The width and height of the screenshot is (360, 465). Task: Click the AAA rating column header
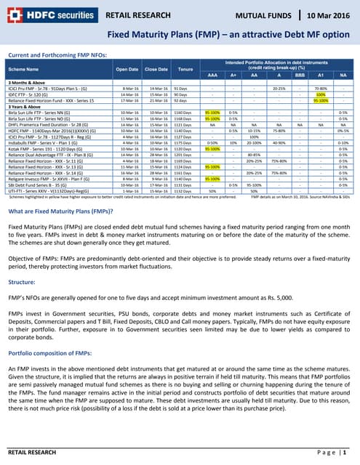coord(212,74)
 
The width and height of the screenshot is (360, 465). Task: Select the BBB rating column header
coord(299,74)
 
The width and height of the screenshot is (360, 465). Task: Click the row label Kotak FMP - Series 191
coord(40,148)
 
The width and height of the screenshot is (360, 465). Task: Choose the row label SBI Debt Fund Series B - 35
coord(36,184)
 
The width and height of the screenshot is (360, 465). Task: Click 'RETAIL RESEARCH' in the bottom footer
coord(31,453)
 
